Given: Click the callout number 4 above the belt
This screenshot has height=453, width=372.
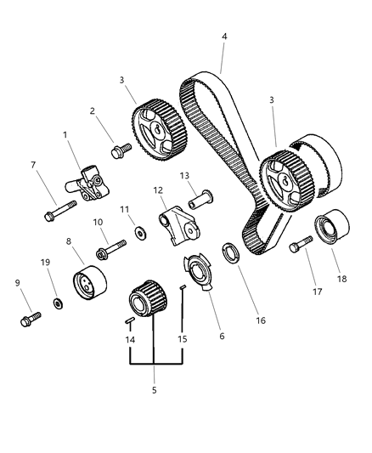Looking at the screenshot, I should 224,37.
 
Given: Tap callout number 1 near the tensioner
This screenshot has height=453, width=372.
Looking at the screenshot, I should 65,135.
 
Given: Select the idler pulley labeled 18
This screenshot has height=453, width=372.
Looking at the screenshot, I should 327,230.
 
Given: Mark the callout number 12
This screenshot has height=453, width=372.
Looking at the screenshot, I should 158,190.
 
